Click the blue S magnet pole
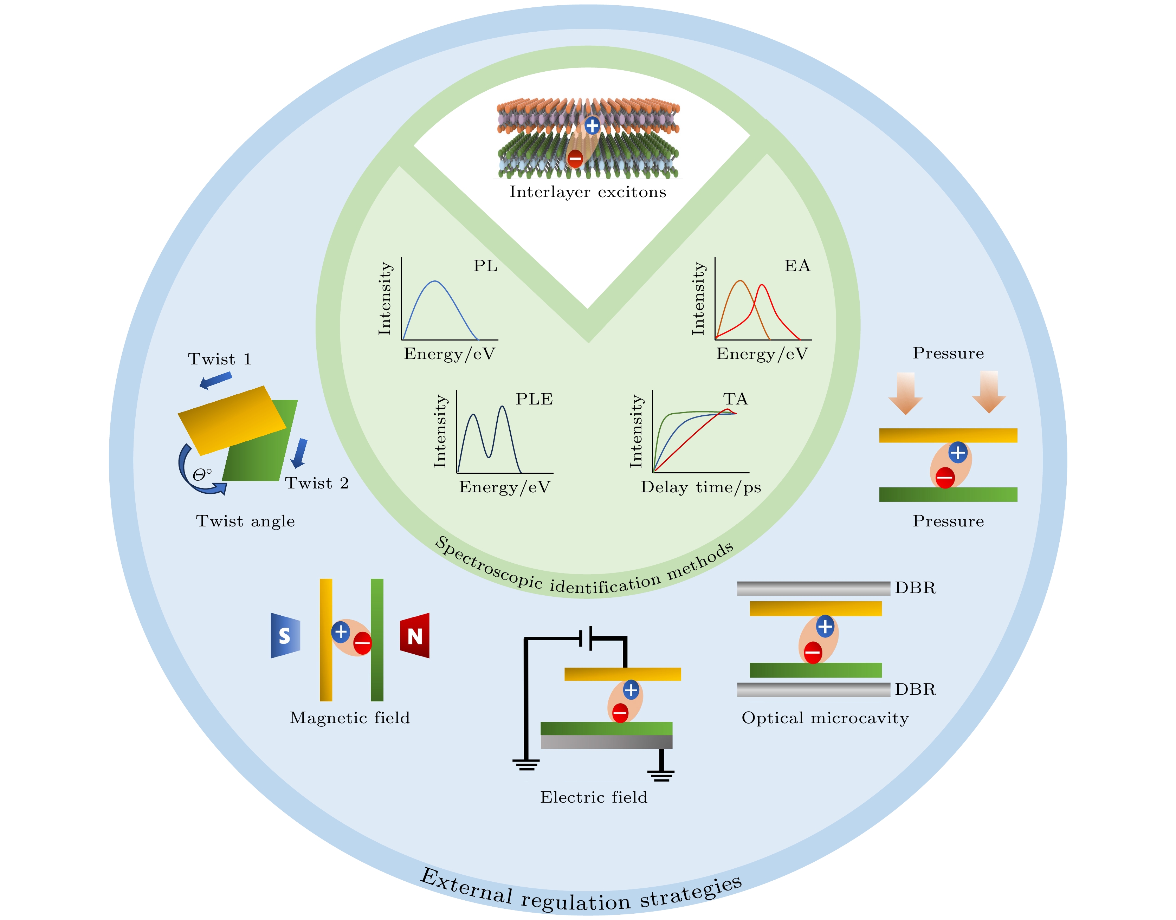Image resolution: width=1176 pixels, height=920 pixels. coord(285,636)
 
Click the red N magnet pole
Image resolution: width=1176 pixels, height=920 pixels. coord(415,636)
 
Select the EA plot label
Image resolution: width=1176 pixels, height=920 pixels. coord(797,266)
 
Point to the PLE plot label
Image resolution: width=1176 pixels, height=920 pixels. coord(534,399)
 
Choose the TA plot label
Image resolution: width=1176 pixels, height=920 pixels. coord(735,399)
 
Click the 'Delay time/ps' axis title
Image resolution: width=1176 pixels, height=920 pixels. coord(700,487)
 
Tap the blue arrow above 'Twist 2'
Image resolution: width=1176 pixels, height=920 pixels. coord(299,453)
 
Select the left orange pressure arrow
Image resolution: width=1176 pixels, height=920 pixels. coord(906,393)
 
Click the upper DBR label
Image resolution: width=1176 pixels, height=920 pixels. coord(915,588)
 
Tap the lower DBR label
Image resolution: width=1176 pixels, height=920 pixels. coord(915,689)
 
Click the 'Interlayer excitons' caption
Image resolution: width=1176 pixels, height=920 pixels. coord(588,192)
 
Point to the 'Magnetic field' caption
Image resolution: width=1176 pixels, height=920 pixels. coord(350,718)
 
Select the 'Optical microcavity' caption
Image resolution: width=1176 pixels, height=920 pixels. coord(825,718)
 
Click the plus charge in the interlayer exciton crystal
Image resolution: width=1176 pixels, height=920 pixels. coord(592,126)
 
